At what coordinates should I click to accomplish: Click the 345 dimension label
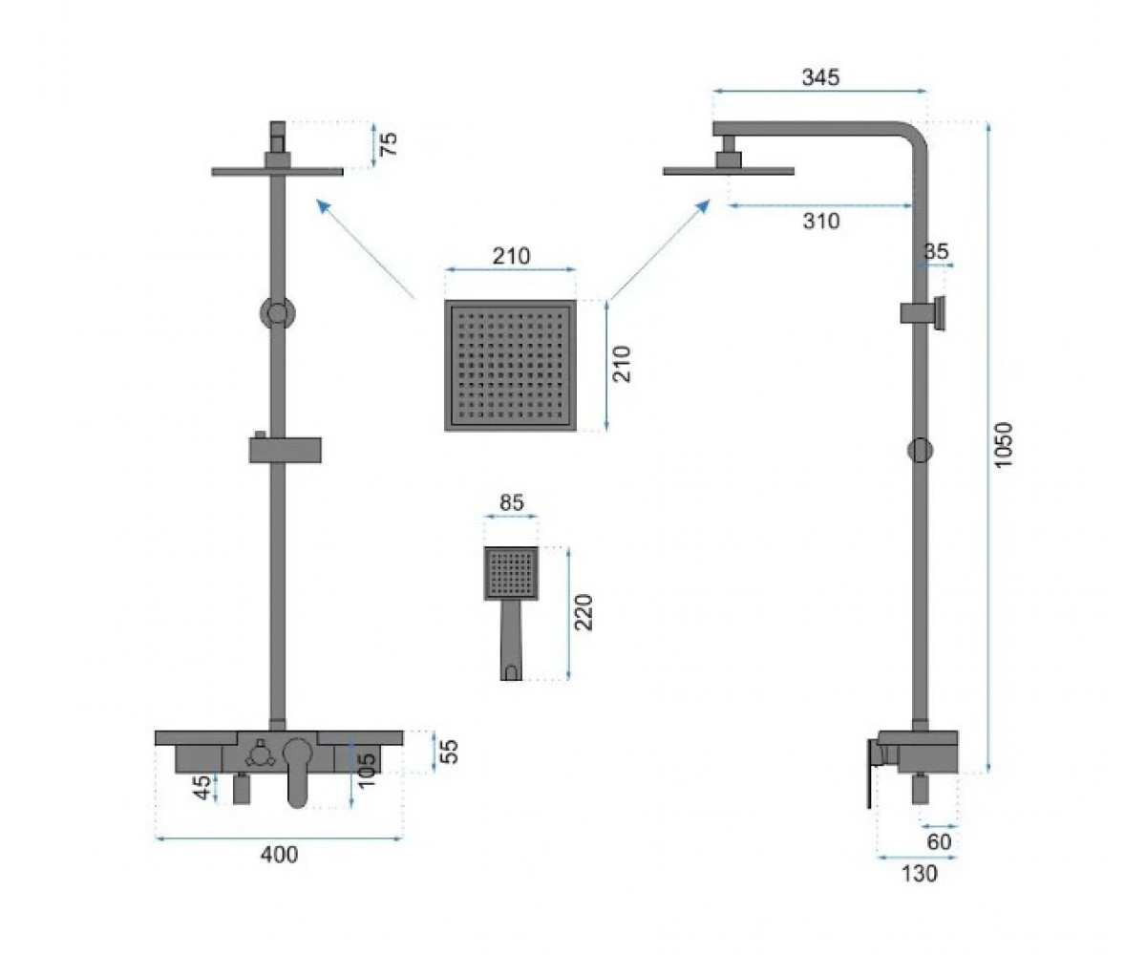point(820,77)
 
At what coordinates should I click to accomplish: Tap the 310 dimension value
point(821,222)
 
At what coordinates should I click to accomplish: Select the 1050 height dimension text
point(1004,445)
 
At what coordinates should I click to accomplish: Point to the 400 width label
point(279,855)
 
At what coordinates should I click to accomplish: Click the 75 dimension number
point(389,144)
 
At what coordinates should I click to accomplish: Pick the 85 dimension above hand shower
point(512,502)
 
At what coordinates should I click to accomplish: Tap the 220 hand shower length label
point(585,612)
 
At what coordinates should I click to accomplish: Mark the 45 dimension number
point(202,787)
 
